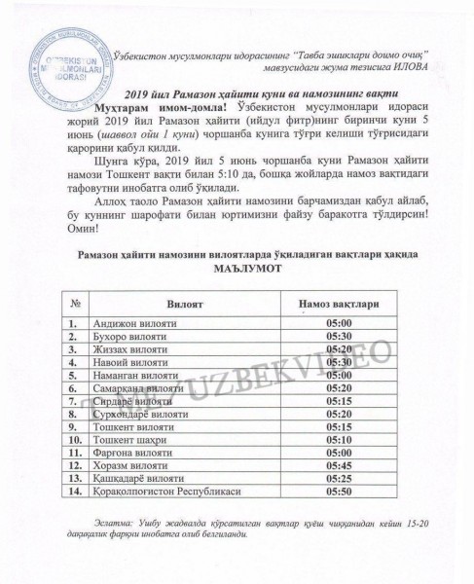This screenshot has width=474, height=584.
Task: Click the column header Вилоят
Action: point(185,304)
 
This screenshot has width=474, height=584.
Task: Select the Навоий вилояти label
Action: point(126,361)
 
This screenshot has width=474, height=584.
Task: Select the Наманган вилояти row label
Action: point(130,374)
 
